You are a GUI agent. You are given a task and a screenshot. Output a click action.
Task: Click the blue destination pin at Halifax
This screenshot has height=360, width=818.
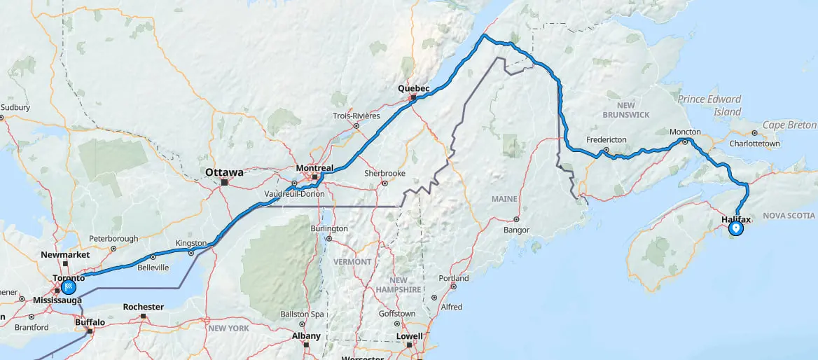pyautogui.click(x=735, y=228)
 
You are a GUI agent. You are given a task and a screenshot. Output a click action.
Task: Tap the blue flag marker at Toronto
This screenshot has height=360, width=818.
pyautogui.click(x=69, y=286)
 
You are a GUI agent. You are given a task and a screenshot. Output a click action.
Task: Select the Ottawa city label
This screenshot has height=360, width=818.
pyautogui.click(x=224, y=172)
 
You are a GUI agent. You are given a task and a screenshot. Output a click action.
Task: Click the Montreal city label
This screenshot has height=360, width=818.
pyautogui.click(x=314, y=168)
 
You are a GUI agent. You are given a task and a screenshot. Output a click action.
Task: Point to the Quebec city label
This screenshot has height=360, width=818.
pyautogui.click(x=413, y=88)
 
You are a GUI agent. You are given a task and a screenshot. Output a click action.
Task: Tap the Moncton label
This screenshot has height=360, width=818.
pyautogui.click(x=685, y=132)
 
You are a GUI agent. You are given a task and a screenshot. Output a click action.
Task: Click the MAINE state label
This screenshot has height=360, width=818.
pyautogui.click(x=504, y=199)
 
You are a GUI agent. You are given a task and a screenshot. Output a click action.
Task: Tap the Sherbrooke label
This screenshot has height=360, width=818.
pyautogui.click(x=384, y=173)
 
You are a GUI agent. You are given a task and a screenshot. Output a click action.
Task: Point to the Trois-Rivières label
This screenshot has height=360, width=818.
pyautogui.click(x=356, y=116)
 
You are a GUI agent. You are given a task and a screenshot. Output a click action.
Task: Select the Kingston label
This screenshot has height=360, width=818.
pyautogui.click(x=191, y=243)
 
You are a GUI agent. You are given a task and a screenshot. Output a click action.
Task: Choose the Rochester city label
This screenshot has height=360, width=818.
pyautogui.click(x=143, y=307)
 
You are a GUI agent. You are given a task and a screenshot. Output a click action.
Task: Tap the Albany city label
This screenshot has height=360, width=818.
pyautogui.click(x=305, y=335)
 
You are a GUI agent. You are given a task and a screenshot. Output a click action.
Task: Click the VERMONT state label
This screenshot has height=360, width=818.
pyautogui.click(x=352, y=261)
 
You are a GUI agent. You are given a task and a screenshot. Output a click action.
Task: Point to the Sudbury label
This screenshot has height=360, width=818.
pyautogui.click(x=15, y=107)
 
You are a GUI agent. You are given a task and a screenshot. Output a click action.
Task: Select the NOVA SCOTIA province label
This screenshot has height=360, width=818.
pyautogui.click(x=789, y=216)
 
